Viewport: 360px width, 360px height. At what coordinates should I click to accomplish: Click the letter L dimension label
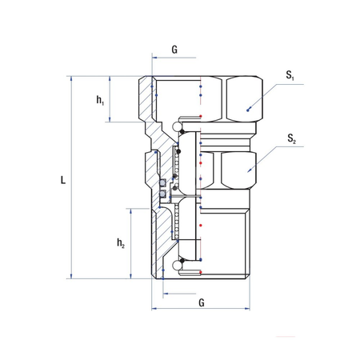point(63,180)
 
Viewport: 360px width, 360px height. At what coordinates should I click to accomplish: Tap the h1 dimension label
point(100,100)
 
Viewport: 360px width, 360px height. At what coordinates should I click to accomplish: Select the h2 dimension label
point(121,243)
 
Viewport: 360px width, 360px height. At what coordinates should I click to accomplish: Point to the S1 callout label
point(290,75)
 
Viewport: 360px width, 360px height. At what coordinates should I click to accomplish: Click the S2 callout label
point(291,138)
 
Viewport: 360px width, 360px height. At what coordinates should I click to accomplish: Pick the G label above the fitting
point(174,50)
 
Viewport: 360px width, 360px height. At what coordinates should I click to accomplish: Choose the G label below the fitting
point(202,302)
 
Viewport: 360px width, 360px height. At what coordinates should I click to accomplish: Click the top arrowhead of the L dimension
point(71,78)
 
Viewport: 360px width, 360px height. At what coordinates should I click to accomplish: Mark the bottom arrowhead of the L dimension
point(71,276)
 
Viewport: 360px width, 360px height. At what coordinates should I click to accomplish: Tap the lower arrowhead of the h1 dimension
point(110,119)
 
